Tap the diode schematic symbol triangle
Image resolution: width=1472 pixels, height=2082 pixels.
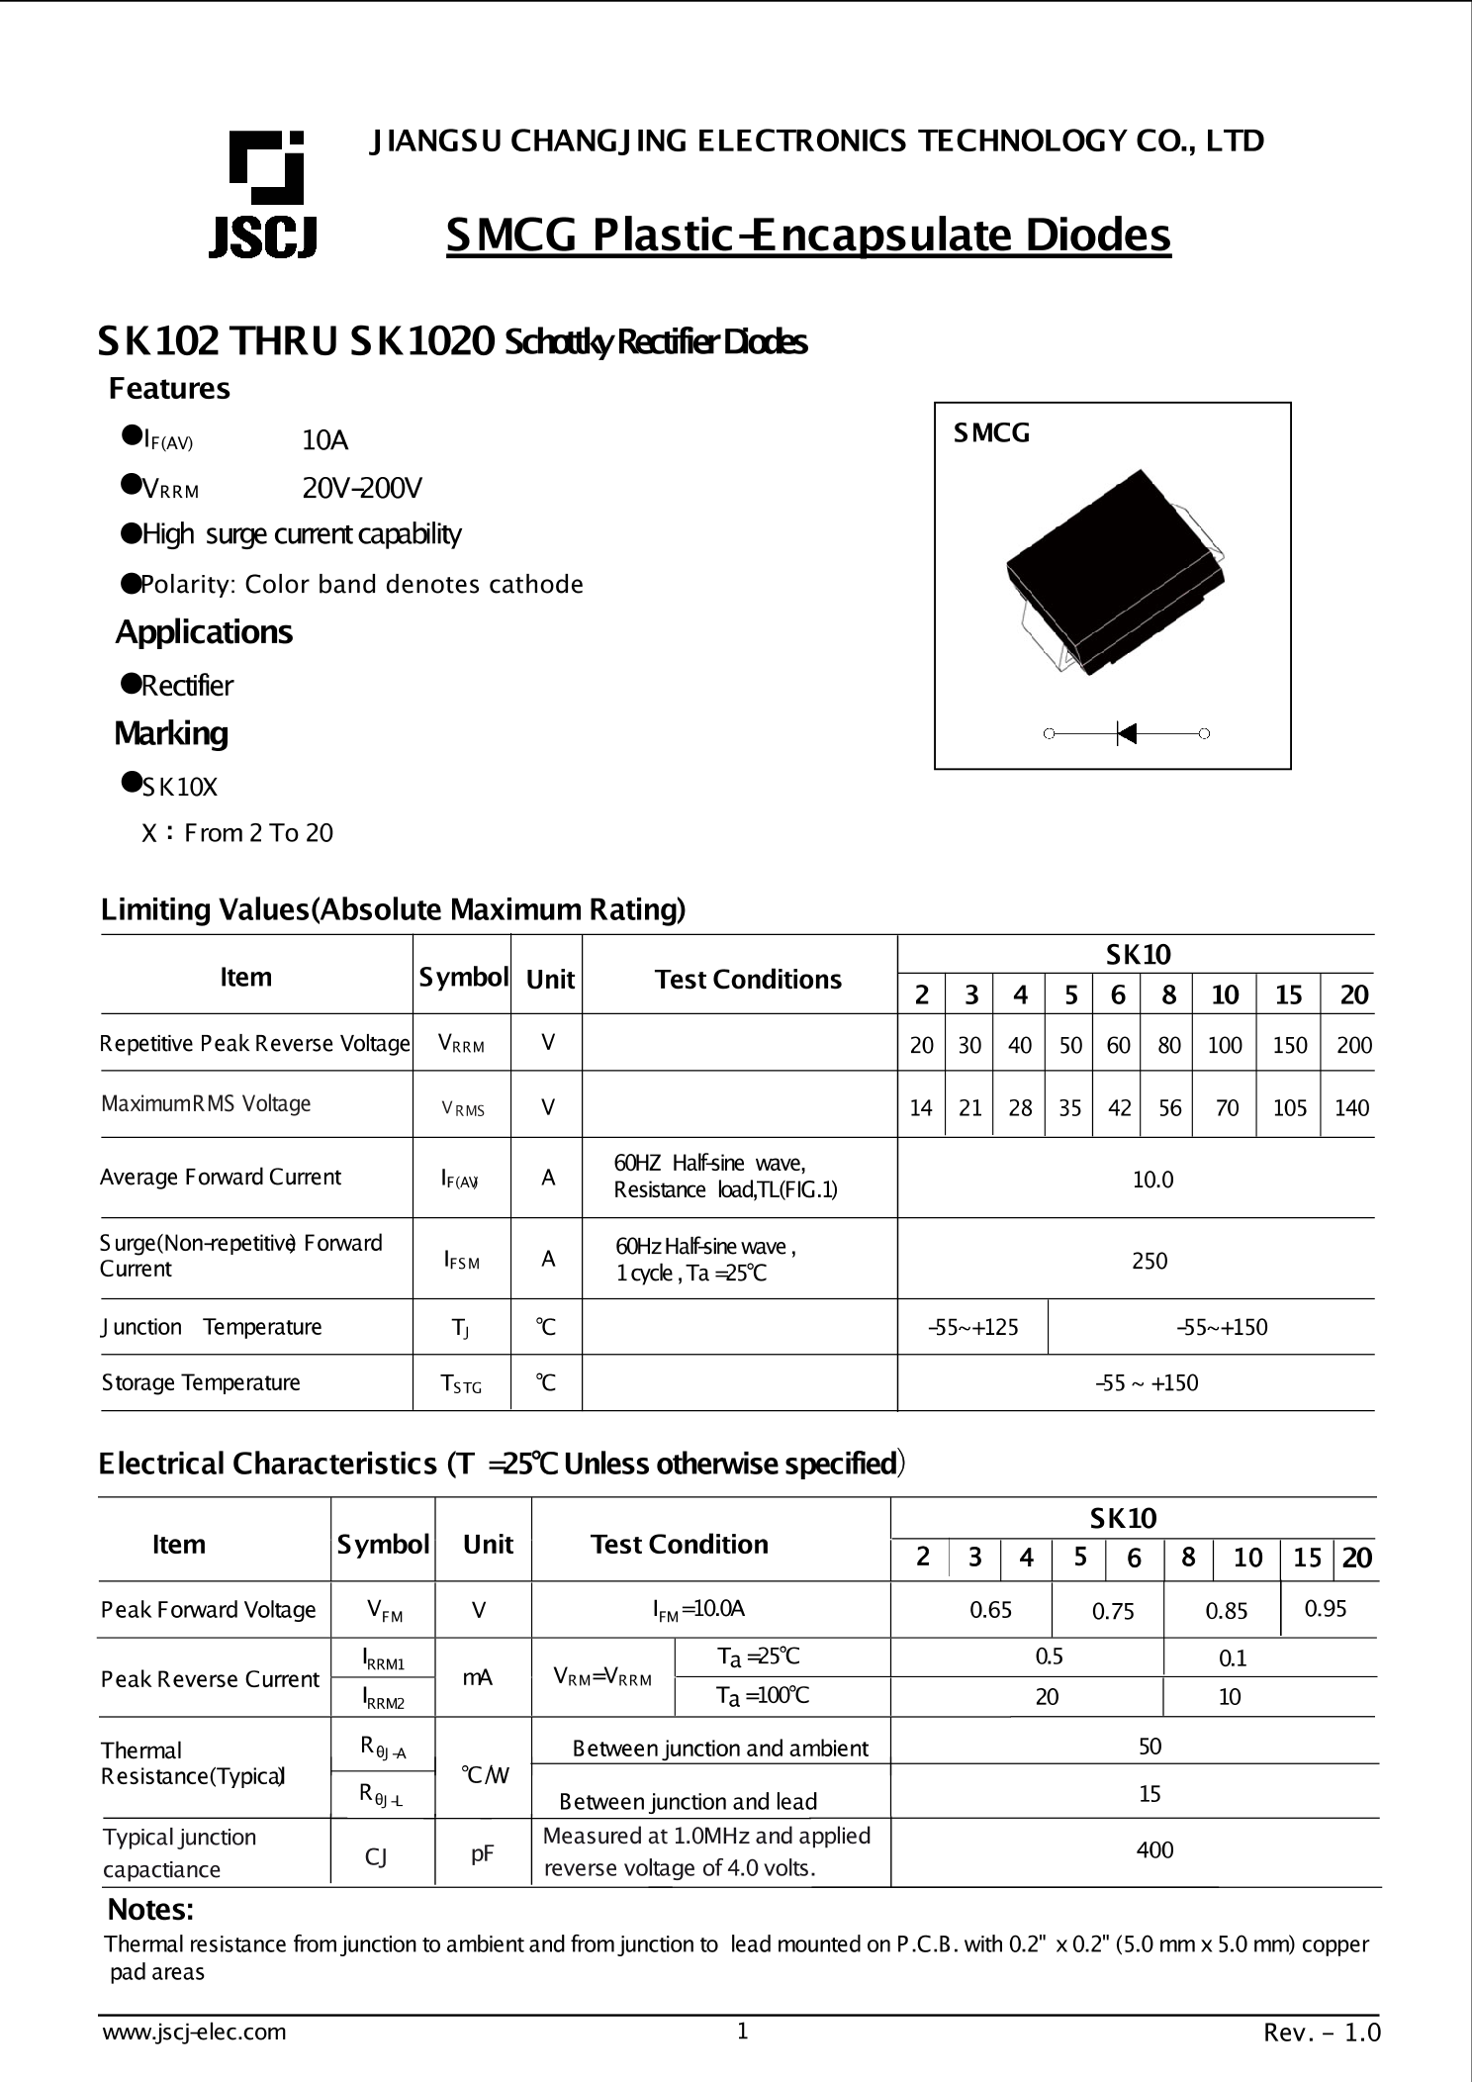point(1127,733)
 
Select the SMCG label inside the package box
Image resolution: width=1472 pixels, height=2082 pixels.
point(991,433)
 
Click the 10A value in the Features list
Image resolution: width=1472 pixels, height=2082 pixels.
point(325,440)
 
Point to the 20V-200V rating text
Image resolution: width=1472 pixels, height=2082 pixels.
point(362,488)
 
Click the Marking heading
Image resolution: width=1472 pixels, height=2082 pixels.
point(171,733)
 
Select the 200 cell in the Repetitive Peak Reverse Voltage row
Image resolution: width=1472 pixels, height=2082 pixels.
point(1353,1045)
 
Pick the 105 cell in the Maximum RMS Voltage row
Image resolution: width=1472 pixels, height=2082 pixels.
point(1289,1108)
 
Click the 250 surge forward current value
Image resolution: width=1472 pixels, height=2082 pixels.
point(1150,1261)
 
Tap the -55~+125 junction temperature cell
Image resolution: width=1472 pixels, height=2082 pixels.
point(973,1327)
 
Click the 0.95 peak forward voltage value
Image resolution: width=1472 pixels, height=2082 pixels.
point(1326,1608)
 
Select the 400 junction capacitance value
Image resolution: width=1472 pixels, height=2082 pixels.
point(1154,1849)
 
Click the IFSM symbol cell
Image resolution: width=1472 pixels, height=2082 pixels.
point(461,1261)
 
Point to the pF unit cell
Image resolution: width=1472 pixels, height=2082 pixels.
point(482,1853)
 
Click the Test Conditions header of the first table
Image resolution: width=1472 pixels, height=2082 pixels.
point(748,979)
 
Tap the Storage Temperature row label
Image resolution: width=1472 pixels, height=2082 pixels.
point(201,1382)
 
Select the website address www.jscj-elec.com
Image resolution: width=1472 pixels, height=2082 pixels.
point(195,2032)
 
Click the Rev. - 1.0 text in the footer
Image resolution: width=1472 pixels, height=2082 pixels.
point(1322,2033)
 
